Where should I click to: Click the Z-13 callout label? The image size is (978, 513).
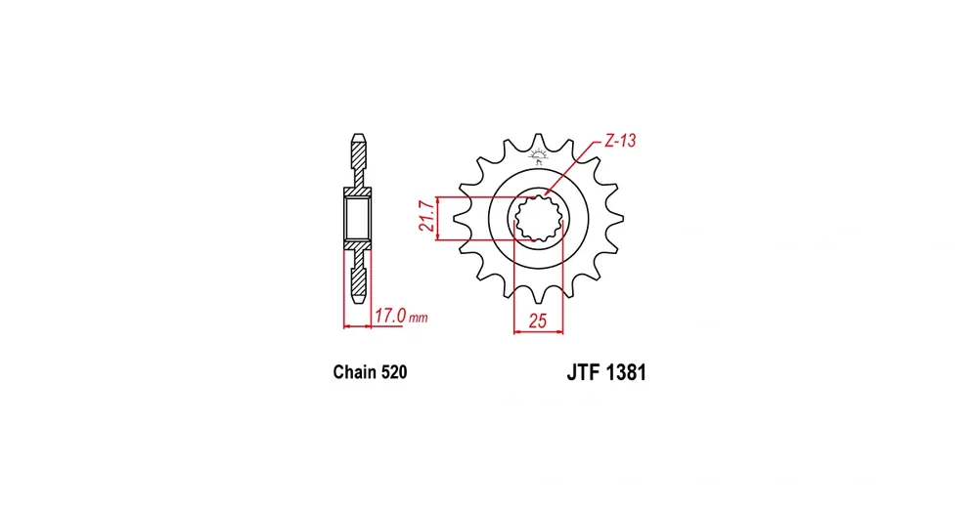620,141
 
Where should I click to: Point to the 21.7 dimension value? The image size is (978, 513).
426,216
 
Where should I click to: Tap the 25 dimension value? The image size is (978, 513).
537,321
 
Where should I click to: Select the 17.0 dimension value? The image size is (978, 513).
390,316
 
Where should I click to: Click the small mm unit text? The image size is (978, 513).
419,319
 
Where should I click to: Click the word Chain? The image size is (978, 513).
354,372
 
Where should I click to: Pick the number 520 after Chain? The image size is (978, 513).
393,372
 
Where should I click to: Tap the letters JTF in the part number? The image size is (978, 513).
583,372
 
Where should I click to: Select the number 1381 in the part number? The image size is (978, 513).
626,372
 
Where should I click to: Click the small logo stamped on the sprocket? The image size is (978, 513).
538,156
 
